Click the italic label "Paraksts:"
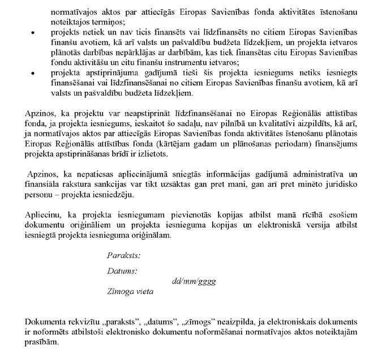tap(123, 255)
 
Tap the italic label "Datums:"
tap(122, 271)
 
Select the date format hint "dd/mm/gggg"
tap(194, 281)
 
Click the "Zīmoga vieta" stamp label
tap(130, 292)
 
